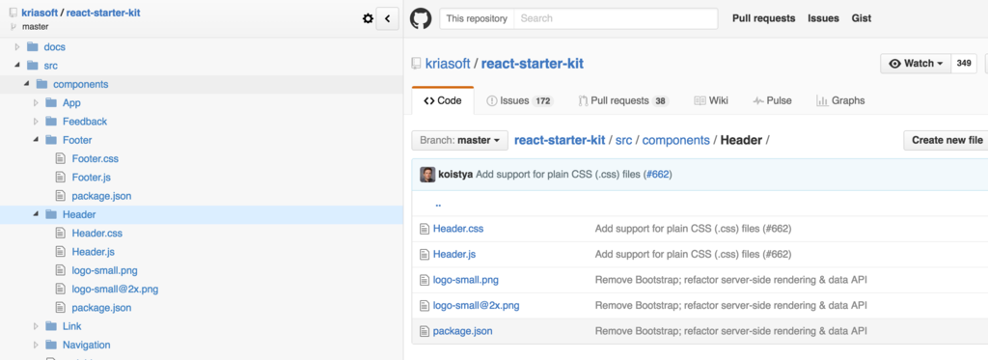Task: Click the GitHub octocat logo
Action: coord(420,18)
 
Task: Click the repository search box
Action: coord(615,18)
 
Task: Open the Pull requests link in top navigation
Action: coord(763,18)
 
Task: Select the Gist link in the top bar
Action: coord(862,18)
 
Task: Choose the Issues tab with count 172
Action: coord(519,100)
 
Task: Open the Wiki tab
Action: coord(711,100)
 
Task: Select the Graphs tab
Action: coord(840,100)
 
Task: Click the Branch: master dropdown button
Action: coord(459,140)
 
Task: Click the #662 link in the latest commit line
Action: coord(657,175)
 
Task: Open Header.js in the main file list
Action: coord(453,255)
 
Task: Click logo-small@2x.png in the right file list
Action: coord(476,306)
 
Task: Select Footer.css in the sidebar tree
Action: coord(95,158)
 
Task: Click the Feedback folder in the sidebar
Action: coord(84,122)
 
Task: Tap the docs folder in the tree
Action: coord(54,46)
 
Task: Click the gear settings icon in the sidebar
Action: coord(367,18)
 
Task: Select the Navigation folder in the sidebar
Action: coord(86,345)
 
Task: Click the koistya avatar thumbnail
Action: coord(427,175)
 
